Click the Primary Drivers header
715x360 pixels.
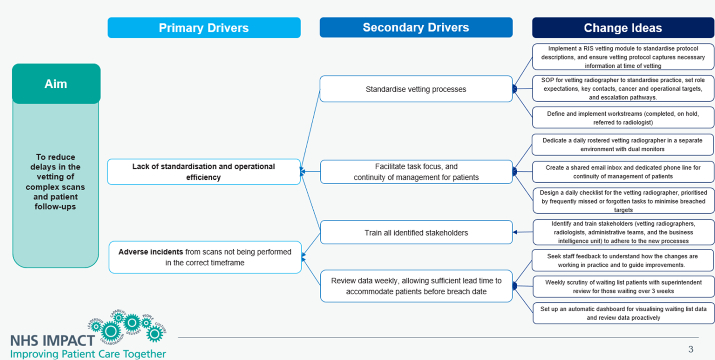click(x=204, y=27)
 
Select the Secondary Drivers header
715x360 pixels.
click(x=416, y=27)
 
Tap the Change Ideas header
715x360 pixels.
click(x=623, y=28)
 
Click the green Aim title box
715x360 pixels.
click(x=56, y=84)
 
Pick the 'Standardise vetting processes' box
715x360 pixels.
click(x=416, y=89)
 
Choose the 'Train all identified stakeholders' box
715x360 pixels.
click(x=416, y=232)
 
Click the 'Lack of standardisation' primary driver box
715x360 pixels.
click(x=204, y=172)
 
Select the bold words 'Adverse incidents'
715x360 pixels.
click(x=151, y=252)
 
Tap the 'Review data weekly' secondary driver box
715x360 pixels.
click(x=416, y=286)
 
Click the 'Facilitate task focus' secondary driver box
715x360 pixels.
click(x=416, y=171)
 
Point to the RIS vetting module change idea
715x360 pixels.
click(x=623, y=57)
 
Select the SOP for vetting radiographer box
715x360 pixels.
click(x=623, y=88)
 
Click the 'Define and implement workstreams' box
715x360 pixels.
click(x=623, y=118)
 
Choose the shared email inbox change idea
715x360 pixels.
click(x=623, y=171)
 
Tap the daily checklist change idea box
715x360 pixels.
click(x=623, y=201)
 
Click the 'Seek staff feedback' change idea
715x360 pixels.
click(x=623, y=260)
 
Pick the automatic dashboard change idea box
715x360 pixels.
click(x=623, y=313)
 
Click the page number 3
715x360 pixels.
click(x=691, y=349)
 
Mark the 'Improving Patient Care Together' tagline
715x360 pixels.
click(x=88, y=354)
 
